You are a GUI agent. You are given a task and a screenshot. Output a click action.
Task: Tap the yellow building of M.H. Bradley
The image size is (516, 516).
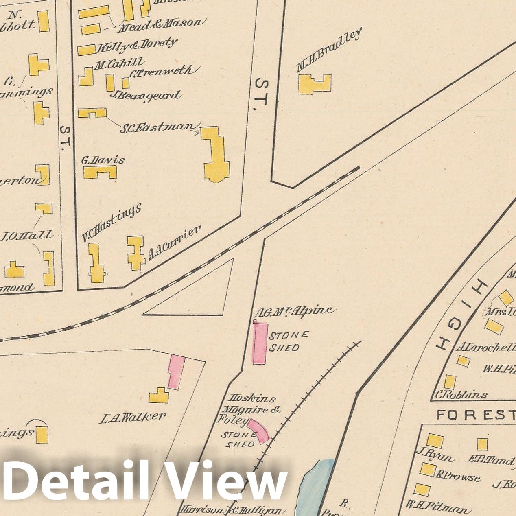314,85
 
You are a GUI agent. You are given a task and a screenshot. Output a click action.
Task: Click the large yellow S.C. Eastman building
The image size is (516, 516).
215,155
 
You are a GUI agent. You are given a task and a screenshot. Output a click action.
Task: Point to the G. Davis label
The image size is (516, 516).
103,160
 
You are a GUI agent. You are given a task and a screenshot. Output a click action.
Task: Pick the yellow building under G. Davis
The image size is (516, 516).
100,172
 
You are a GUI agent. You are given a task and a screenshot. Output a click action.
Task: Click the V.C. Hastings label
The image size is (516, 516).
111,222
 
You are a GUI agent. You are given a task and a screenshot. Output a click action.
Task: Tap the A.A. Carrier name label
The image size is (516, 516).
174,243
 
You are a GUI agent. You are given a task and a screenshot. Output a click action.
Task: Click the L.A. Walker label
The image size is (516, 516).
133,417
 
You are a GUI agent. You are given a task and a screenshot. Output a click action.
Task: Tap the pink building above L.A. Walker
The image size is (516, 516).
176,372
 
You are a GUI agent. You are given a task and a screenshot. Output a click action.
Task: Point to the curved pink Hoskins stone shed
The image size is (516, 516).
259,430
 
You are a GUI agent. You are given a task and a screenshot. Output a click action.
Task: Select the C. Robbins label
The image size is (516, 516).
461,394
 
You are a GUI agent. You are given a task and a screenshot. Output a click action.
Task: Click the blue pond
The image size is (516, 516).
316,484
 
